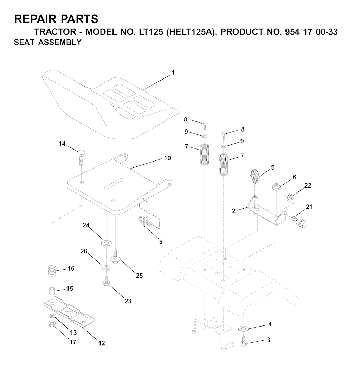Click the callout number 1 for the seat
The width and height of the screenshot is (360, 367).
coord(173,73)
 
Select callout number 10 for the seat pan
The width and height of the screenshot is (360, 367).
coord(167,158)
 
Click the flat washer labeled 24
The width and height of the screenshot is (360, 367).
coord(107,243)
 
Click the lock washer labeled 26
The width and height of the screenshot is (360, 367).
coord(107,267)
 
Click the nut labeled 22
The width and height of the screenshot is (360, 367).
coord(290,197)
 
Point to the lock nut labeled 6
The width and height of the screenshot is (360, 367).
coord(276,187)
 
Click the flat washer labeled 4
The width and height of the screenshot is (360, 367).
coord(244,328)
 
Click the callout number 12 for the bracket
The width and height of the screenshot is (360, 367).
coord(102,343)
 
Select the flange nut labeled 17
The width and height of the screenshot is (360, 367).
coord(52,324)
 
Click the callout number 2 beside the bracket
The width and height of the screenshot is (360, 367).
coord(234,211)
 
